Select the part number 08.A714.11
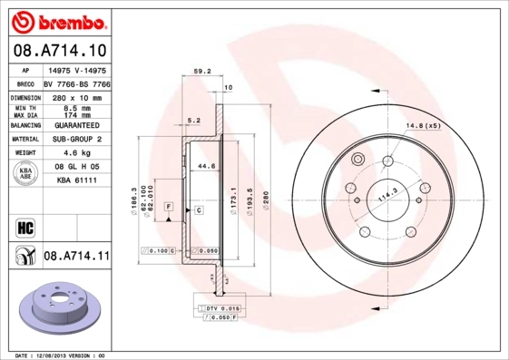(76, 257)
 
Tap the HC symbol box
(26, 226)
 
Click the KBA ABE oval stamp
(26, 174)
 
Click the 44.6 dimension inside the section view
(206, 166)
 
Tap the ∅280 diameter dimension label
(266, 196)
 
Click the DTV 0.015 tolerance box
(218, 309)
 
